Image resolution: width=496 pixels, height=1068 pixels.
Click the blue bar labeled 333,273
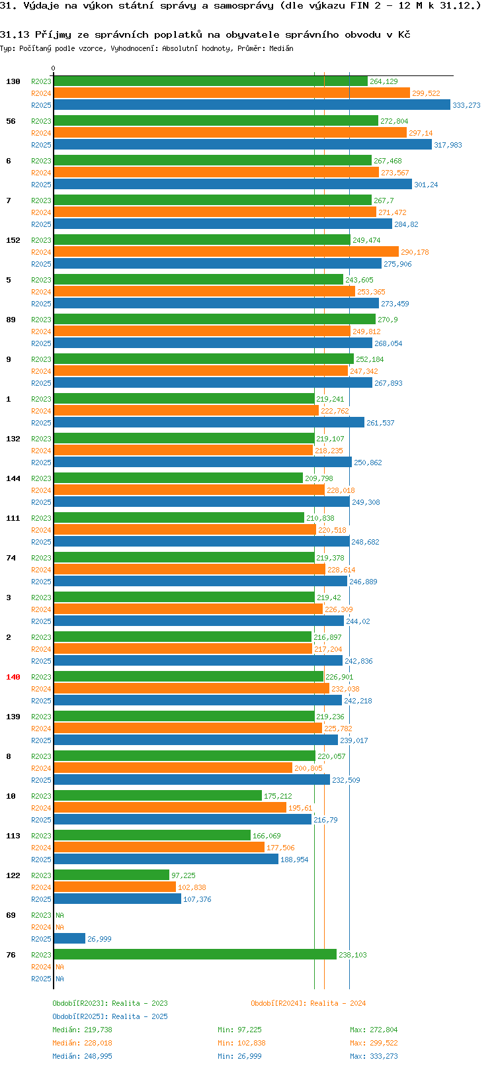[x=251, y=105]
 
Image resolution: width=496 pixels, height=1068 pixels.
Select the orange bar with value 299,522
[x=231, y=93]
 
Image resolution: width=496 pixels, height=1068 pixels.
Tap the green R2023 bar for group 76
[x=195, y=955]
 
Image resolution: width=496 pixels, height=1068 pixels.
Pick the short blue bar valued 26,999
[x=69, y=939]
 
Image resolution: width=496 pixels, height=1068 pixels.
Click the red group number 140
[x=13, y=677]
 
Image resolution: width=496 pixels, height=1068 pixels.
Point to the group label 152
[x=13, y=240]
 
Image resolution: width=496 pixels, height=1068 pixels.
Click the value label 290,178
[x=415, y=252]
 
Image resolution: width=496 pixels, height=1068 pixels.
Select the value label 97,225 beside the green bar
[x=183, y=875]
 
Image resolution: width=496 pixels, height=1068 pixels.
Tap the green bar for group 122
[x=111, y=875]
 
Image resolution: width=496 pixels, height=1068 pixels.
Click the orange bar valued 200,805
[x=173, y=768]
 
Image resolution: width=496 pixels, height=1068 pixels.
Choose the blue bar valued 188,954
[x=166, y=859]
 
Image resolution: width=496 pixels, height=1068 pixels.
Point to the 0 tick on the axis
[x=53, y=68]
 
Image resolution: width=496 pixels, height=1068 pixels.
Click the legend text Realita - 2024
[x=338, y=1003]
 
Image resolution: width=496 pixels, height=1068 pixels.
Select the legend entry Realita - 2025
[x=140, y=1016]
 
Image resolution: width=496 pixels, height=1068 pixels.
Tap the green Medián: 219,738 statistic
[x=82, y=1030]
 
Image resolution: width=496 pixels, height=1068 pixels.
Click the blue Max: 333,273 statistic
[x=374, y=1056]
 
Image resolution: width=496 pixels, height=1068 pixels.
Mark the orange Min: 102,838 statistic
[x=241, y=1043]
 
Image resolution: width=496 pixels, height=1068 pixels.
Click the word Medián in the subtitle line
[x=281, y=48]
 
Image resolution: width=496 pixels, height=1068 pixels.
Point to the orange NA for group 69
[x=60, y=927]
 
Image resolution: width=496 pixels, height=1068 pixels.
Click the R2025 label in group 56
[x=41, y=145]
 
